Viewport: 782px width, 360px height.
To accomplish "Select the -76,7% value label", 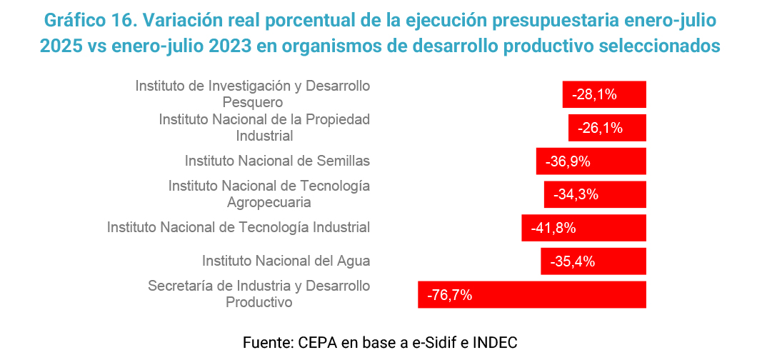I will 449,294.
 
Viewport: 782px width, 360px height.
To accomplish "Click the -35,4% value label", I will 572,261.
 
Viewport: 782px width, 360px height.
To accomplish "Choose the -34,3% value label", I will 576,194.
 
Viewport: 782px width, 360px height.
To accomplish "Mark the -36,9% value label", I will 568,161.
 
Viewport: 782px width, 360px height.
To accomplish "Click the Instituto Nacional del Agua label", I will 286,261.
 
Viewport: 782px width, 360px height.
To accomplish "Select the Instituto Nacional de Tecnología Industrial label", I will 239,227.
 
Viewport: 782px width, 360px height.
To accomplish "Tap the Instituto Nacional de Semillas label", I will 277,161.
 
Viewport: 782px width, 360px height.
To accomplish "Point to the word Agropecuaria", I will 269,202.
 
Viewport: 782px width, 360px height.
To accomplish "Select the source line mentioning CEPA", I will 380,341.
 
